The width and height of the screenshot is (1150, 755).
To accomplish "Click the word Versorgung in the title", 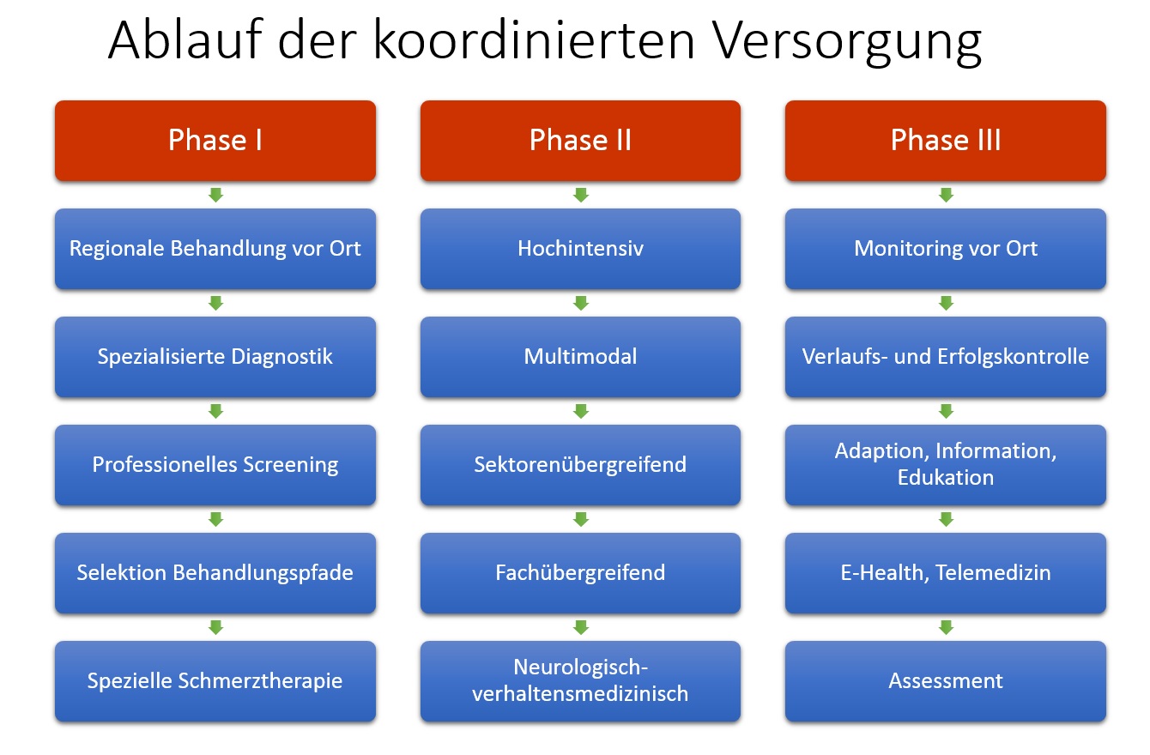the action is [x=848, y=41].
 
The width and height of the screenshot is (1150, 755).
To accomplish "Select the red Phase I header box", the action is [x=215, y=141].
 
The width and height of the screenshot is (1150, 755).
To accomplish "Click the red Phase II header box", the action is [x=581, y=141].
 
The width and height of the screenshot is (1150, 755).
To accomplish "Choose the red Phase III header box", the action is [x=946, y=141].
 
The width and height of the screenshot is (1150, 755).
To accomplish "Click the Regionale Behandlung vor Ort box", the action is [x=215, y=249].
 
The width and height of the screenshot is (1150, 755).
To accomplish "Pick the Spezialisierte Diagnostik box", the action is [x=215, y=357].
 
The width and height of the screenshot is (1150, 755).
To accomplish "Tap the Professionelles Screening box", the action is [x=215, y=465].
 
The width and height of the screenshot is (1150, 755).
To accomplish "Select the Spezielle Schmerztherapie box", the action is [x=215, y=681].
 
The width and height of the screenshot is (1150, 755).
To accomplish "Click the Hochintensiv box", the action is [x=581, y=249].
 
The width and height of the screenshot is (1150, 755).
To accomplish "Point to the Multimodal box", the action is [x=581, y=357].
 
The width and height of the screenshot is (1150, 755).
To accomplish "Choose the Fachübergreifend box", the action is [x=581, y=573].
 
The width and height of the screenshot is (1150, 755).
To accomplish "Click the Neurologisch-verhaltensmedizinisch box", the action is [x=581, y=681].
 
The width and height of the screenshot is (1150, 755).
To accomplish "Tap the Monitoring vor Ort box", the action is [x=946, y=249].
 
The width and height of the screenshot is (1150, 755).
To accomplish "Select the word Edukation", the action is [x=946, y=478].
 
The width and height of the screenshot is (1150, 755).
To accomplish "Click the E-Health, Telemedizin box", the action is [x=946, y=573].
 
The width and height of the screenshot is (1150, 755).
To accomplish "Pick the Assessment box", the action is [x=946, y=681].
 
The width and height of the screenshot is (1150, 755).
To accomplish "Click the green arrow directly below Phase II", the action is [x=581, y=195].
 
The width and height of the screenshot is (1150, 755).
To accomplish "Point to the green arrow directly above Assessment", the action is [x=946, y=627].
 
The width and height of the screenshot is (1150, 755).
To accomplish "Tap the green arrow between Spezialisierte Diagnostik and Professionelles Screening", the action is [x=215, y=411].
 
